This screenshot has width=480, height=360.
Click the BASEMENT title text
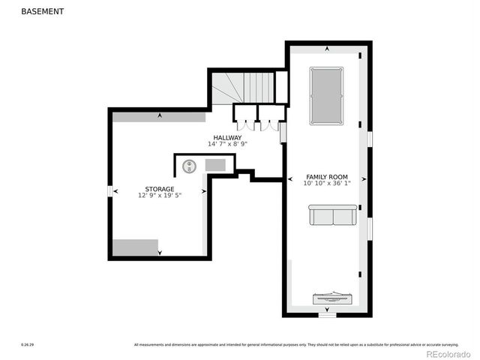[42, 12]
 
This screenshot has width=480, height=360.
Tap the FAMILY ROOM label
[326, 175]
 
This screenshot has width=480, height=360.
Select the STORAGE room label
[160, 189]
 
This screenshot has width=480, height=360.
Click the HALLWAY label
[227, 138]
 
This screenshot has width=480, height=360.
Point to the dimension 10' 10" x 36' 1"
[326, 183]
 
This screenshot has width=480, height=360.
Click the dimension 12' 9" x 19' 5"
[160, 195]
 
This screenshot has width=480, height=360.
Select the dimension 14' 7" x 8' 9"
[227, 144]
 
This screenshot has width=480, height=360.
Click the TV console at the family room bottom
[327, 298]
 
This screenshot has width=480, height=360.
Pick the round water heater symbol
[190, 166]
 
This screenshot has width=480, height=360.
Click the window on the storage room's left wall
[110, 191]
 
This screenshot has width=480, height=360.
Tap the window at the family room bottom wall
[327, 315]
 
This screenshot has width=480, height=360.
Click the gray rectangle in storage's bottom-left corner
[136, 247]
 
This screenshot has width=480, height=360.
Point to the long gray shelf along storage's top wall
[159, 117]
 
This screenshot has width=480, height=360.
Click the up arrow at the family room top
[327, 49]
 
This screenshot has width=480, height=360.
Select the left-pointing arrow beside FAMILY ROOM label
[290, 179]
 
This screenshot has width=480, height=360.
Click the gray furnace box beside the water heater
[215, 164]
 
